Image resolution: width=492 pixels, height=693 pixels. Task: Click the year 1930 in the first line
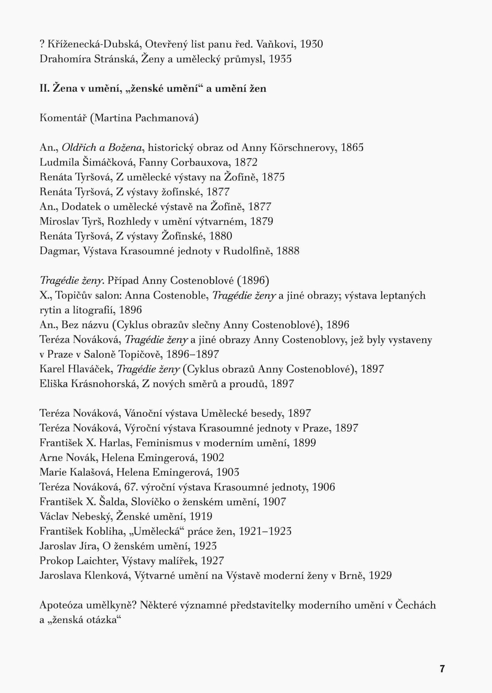click(x=311, y=44)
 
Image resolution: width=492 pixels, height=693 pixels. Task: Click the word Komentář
click(x=63, y=118)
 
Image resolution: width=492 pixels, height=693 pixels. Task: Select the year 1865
click(x=352, y=148)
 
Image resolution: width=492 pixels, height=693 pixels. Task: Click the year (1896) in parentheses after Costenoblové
click(x=253, y=280)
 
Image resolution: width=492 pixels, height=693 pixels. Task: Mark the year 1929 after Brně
click(x=380, y=576)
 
